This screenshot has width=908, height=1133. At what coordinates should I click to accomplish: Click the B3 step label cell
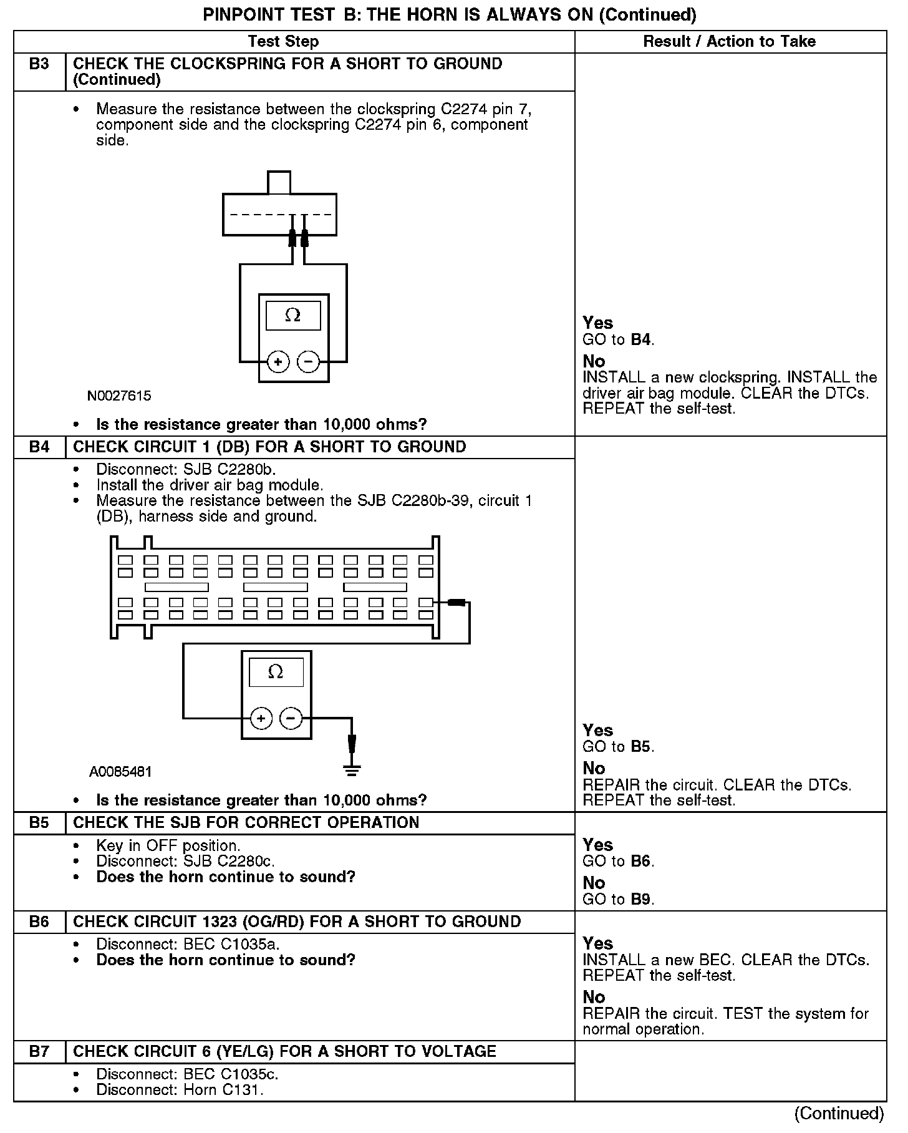tap(39, 64)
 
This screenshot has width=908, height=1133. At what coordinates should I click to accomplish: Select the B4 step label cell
tap(39, 447)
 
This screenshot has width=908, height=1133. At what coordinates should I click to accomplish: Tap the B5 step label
tap(39, 823)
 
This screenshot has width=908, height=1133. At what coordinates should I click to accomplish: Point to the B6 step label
tap(39, 922)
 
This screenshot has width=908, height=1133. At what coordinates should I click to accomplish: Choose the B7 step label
tap(39, 1052)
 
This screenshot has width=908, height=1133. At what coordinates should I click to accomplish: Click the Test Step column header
tap(283, 42)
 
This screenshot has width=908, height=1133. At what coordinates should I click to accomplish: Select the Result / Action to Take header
tap(729, 42)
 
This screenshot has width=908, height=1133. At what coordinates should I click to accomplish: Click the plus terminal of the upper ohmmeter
tap(278, 362)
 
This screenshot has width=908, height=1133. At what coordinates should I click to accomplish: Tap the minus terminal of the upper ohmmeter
tap(308, 362)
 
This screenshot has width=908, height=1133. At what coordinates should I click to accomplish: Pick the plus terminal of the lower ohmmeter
tap(261, 719)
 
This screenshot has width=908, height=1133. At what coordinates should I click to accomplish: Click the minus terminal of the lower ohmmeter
tap(291, 719)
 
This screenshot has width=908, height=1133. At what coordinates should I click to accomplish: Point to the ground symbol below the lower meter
tap(352, 771)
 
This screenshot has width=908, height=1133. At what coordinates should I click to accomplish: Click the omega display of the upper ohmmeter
tap(293, 316)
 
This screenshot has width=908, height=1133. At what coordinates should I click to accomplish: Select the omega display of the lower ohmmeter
tap(276, 673)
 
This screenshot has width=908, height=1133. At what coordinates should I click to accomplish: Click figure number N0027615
tap(119, 396)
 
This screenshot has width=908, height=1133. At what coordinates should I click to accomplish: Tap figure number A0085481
tap(120, 772)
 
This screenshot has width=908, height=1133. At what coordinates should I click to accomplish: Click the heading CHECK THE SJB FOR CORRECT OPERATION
tap(246, 823)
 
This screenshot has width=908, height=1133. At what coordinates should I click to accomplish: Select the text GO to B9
tap(618, 899)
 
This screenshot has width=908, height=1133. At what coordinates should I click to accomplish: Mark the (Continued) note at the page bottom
tap(839, 1114)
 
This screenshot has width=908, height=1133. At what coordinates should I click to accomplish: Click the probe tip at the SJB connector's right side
tap(456, 602)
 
